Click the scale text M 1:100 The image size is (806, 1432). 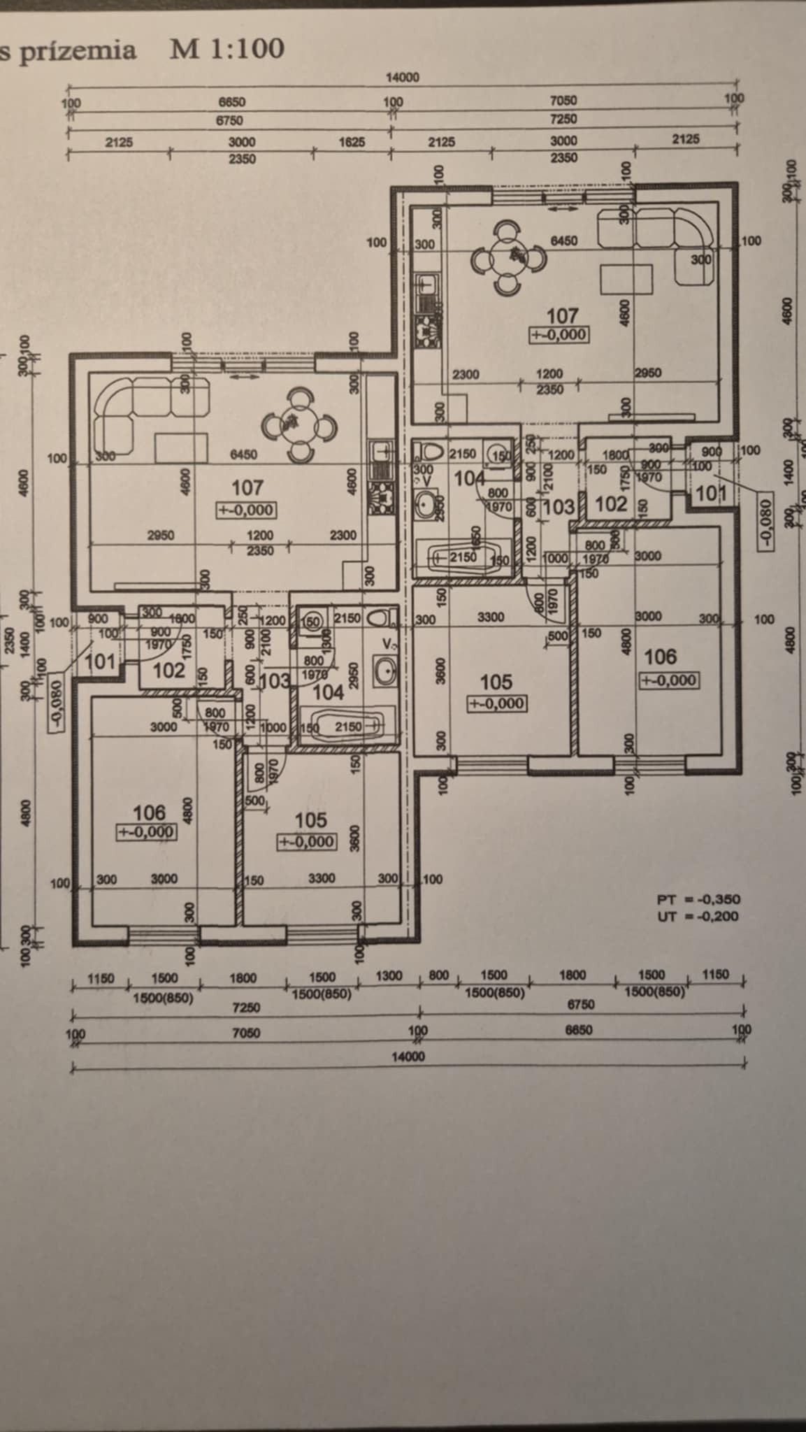coord(227,49)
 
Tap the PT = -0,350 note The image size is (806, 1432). coord(698,899)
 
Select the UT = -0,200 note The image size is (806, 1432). coord(698,916)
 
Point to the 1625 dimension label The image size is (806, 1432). coord(352,142)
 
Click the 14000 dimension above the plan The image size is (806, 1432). coord(403,78)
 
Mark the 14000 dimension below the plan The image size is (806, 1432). coord(408,1057)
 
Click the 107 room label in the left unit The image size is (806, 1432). coord(247,487)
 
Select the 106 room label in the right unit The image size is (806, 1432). coord(661,657)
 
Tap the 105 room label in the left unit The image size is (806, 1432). coord(311,819)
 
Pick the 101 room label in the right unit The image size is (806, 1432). coord(711,494)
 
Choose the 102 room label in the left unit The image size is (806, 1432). coord(168,670)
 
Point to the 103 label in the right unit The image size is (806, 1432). coord(559,506)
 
